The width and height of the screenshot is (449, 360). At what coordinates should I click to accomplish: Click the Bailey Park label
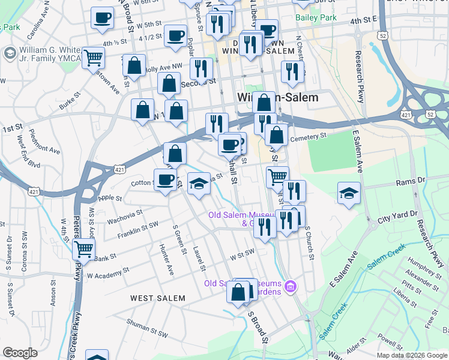[316, 19]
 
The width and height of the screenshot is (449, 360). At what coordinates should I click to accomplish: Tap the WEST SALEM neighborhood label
[158, 298]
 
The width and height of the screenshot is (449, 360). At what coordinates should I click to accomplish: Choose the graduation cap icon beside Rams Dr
[349, 193]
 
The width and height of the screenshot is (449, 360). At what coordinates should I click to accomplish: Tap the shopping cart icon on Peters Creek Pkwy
[83, 248]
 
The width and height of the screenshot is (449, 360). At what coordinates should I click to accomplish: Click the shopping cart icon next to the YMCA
[94, 58]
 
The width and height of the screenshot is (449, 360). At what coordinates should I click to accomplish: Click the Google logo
[20, 353]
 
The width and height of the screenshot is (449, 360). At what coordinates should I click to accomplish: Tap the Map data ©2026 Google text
[412, 355]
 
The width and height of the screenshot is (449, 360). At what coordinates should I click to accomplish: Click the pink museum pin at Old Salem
[292, 287]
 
